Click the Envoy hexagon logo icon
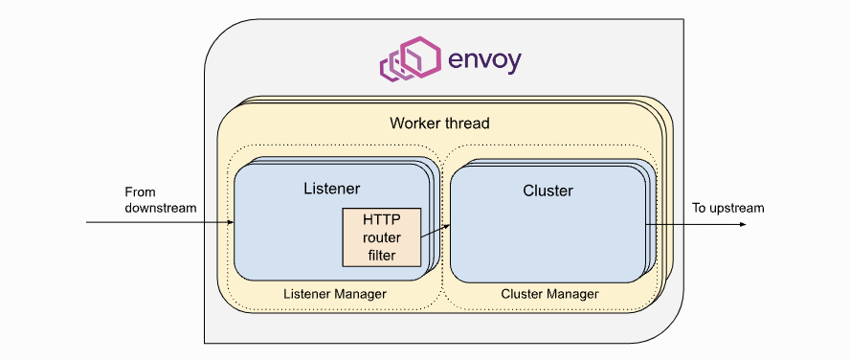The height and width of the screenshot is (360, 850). tap(411, 58)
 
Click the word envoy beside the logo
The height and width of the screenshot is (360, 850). tap(484, 60)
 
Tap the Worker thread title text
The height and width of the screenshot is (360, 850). tap(439, 124)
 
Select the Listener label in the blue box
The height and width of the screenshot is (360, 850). tap(332, 188)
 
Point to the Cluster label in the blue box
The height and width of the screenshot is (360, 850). tap(548, 191)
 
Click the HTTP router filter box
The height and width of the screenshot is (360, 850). tap(382, 237)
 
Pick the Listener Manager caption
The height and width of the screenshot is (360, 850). tap(335, 294)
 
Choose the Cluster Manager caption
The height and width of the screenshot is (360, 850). tap(549, 294)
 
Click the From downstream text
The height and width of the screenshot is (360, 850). tap(161, 199)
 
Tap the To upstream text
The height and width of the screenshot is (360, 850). tap(728, 208)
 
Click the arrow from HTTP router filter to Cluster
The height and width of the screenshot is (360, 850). tap(436, 231)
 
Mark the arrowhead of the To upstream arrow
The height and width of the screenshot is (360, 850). tap(743, 224)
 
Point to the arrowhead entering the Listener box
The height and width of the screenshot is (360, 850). tap(231, 222)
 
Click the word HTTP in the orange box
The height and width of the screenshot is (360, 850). tap(382, 222)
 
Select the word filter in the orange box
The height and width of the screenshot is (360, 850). tap(382, 255)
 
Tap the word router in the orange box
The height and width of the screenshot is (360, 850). tap(382, 238)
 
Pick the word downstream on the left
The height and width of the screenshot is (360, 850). tap(161, 207)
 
